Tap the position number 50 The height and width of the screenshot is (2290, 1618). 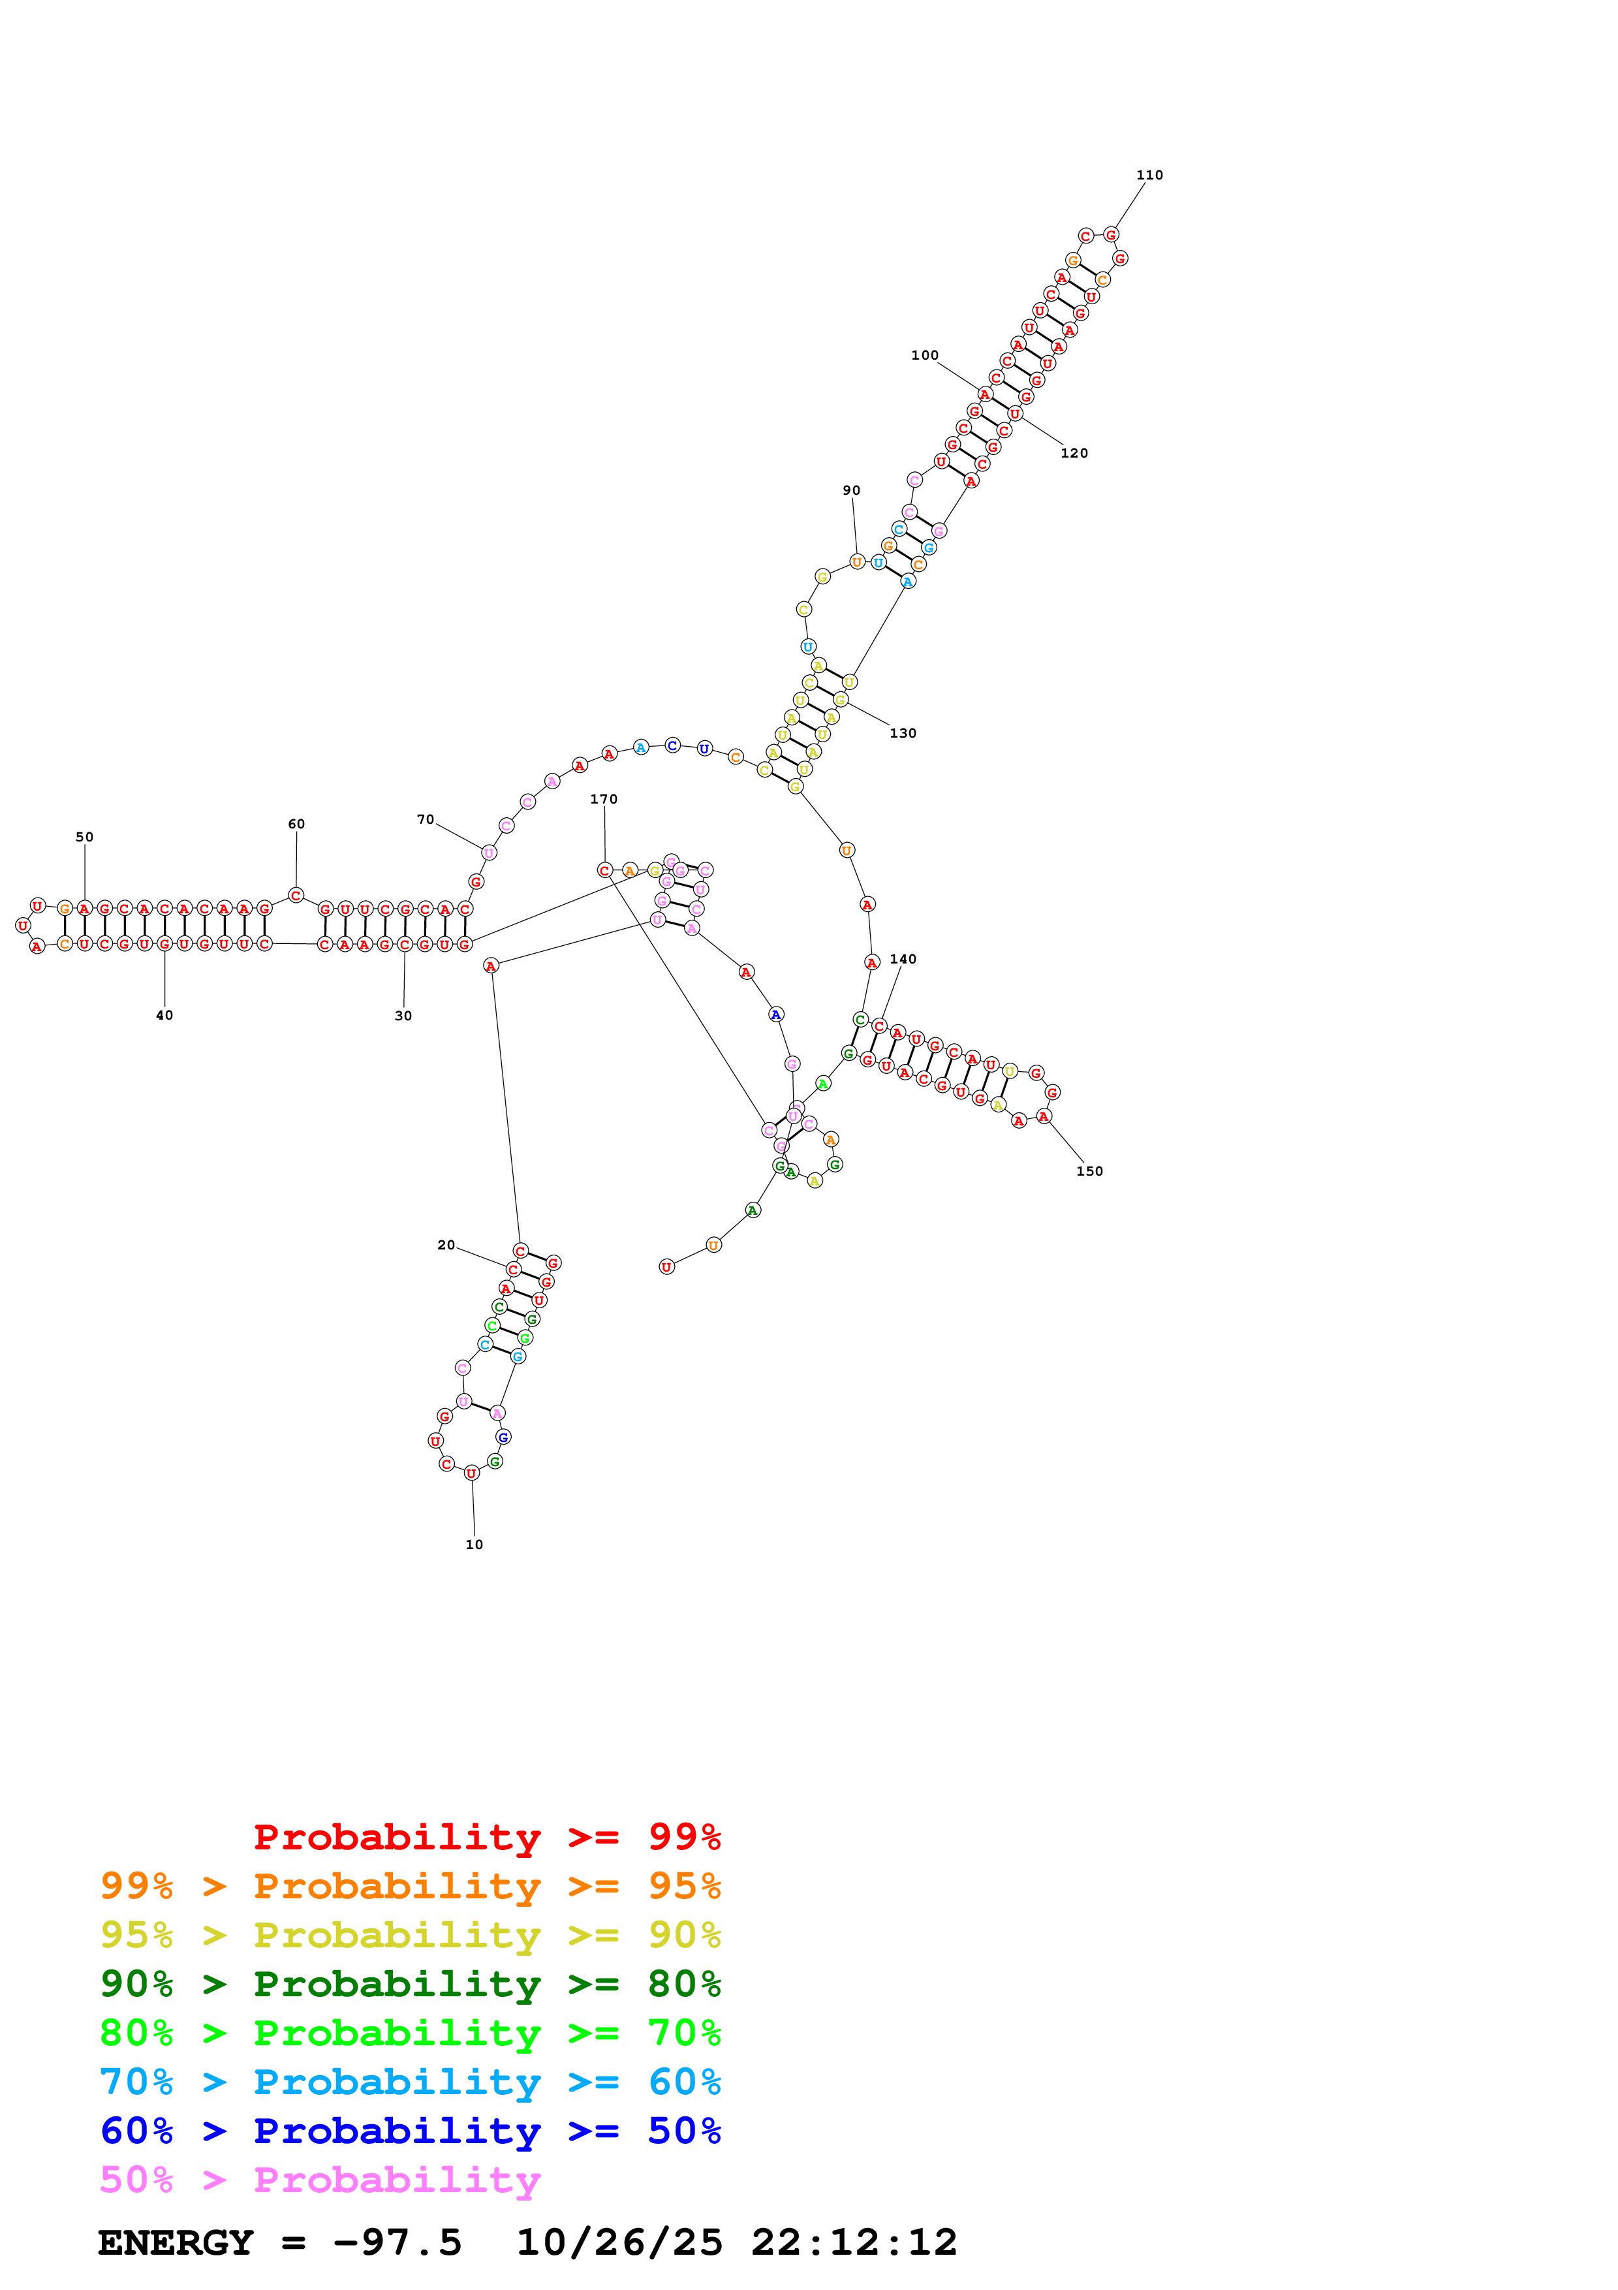85,837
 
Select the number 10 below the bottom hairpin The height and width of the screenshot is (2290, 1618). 474,1544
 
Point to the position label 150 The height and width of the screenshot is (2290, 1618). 1089,1171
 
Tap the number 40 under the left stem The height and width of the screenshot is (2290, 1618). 164,1015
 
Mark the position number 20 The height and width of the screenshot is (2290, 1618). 446,1245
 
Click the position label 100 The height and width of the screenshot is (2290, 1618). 924,355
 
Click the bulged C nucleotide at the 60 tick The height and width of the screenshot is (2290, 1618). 296,895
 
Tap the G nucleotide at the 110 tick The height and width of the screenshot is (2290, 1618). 1111,234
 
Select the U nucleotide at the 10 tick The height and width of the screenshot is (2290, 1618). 471,1472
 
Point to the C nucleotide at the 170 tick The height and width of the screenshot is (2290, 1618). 604,870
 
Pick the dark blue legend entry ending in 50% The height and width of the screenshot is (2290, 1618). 411,2131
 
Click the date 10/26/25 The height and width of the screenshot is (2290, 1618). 619,2243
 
